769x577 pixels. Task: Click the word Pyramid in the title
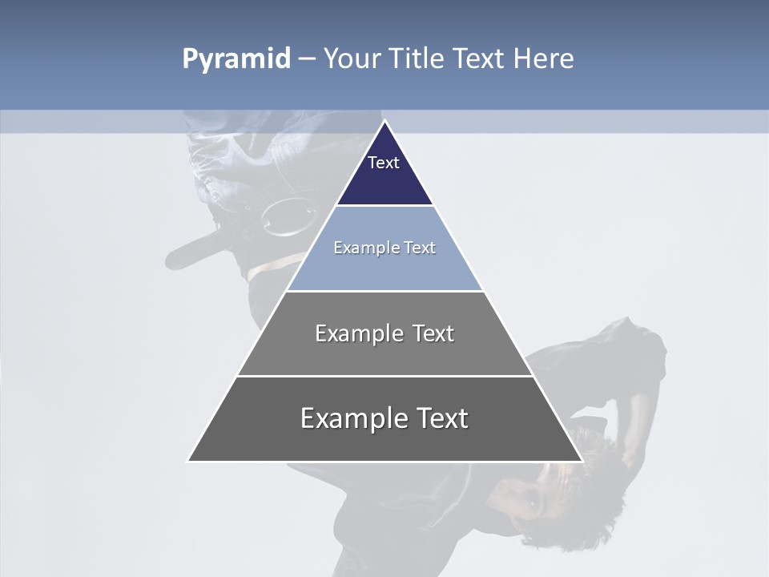pos(236,59)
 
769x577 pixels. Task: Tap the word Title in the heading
pos(417,59)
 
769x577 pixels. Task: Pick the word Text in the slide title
pos(479,59)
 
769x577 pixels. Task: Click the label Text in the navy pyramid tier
pos(384,163)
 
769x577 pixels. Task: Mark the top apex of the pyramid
pos(384,121)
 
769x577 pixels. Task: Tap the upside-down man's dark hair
pos(601,473)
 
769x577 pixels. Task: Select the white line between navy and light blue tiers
pos(384,206)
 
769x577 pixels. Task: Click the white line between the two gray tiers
pos(384,376)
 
